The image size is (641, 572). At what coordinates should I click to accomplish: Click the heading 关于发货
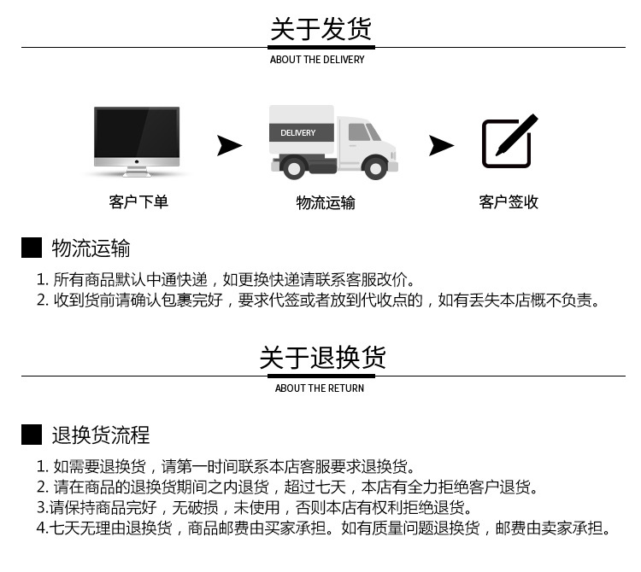click(320, 30)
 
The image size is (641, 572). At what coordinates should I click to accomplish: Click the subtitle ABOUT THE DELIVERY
click(317, 60)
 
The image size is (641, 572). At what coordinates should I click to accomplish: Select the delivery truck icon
click(333, 141)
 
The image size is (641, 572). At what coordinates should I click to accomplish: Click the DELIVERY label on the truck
click(298, 133)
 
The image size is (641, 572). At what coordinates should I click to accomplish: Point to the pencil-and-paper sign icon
click(509, 141)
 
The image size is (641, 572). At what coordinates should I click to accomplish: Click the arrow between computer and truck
click(228, 145)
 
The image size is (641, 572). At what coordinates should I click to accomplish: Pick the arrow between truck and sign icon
click(440, 145)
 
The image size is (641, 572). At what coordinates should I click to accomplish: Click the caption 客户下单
click(138, 202)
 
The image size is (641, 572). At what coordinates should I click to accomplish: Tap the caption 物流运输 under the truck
click(326, 202)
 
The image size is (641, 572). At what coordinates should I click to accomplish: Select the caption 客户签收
click(509, 202)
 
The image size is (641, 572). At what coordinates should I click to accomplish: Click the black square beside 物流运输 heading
click(32, 248)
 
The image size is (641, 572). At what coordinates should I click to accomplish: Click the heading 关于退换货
click(322, 357)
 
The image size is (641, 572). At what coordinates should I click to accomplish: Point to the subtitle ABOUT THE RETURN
click(320, 388)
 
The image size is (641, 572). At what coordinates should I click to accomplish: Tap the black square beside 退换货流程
click(32, 435)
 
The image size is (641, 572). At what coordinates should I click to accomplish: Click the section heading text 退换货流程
click(101, 435)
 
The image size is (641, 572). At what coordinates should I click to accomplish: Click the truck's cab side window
click(359, 132)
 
